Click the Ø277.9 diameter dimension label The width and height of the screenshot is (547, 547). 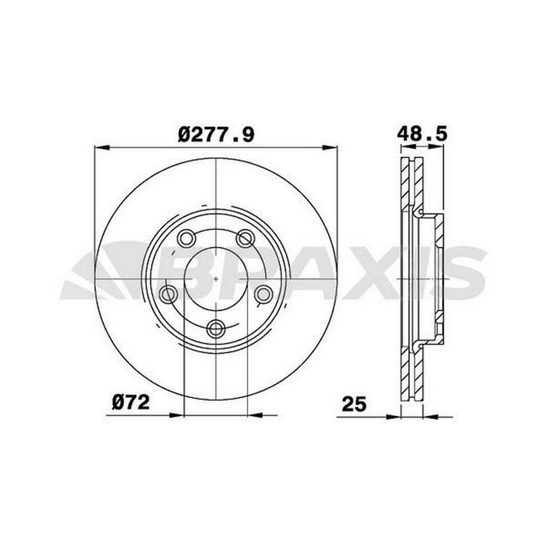tap(216, 135)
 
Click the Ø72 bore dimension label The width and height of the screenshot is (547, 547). tap(131, 403)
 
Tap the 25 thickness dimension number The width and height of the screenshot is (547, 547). tap(354, 404)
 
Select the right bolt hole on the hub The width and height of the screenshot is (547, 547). tap(264, 294)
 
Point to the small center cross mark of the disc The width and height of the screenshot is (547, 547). tap(216, 279)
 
